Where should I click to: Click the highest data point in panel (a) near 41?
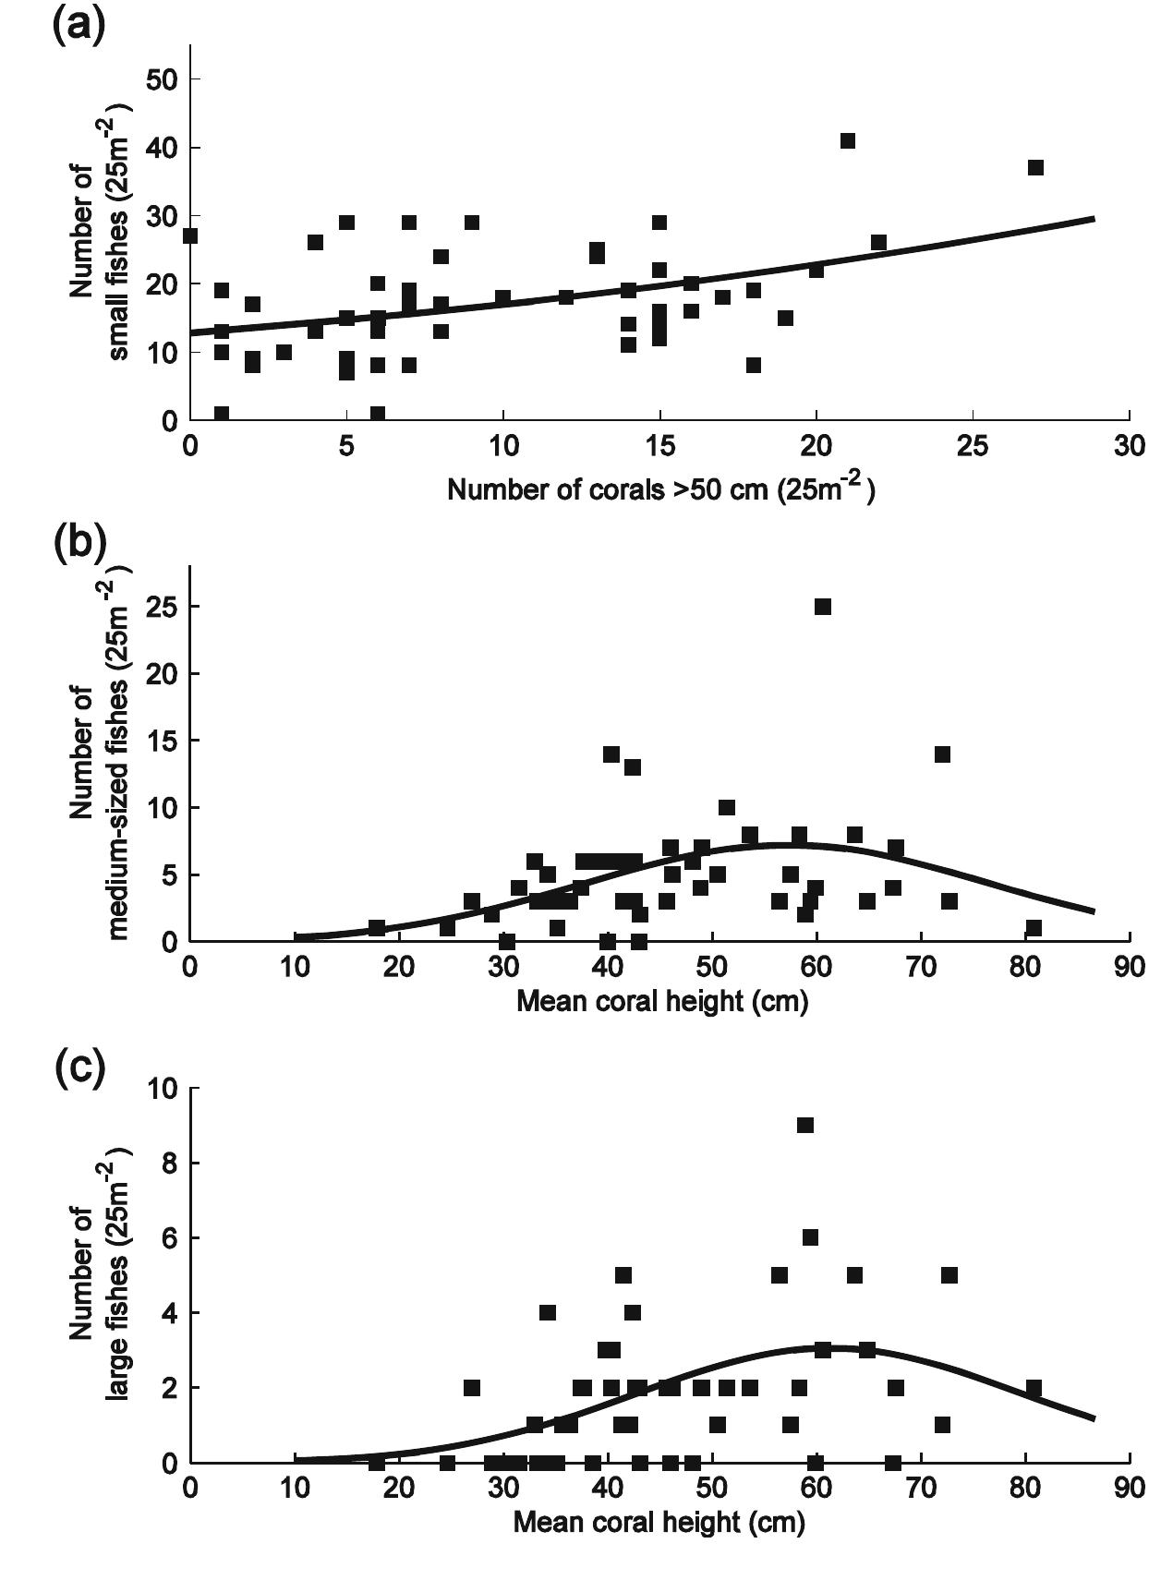click(847, 141)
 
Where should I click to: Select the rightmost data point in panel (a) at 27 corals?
click(1035, 167)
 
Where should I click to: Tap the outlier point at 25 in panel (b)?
click(822, 607)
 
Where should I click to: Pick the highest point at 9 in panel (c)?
click(805, 1125)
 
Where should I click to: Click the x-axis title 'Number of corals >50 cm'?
click(661, 489)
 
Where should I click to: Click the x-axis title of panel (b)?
click(661, 1001)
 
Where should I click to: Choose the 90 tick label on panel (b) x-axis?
click(1129, 968)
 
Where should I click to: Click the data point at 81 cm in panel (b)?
click(1034, 928)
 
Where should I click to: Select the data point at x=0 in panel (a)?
click(190, 236)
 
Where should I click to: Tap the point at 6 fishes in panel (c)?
click(810, 1237)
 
